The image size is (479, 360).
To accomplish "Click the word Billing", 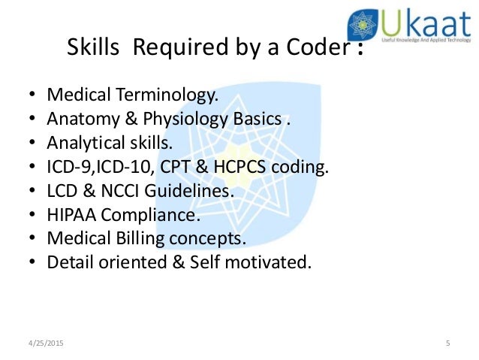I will click(134, 239).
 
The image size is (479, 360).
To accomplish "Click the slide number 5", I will click(447, 343).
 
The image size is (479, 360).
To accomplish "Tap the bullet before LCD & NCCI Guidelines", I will click(31, 191).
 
